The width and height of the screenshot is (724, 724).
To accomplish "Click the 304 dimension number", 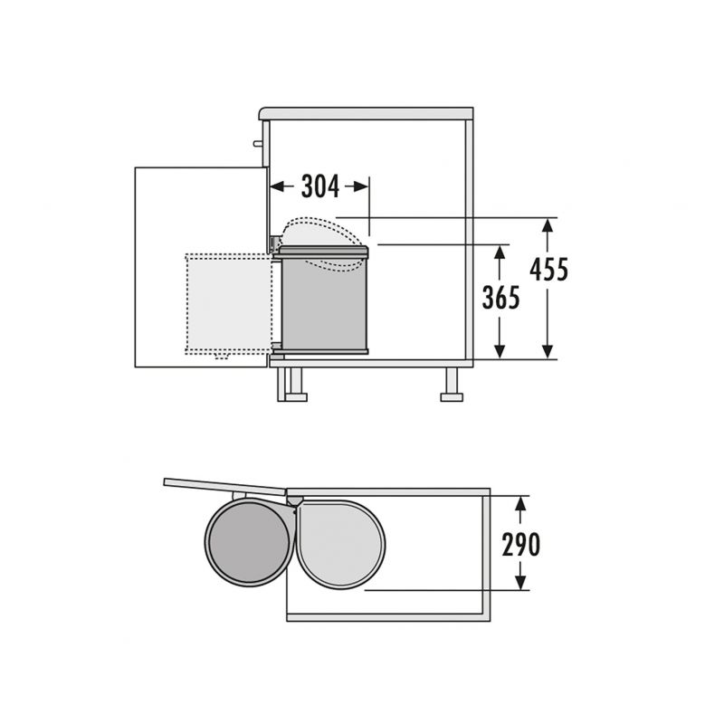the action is [x=320, y=186].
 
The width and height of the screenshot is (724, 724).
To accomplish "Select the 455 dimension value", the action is [x=548, y=269].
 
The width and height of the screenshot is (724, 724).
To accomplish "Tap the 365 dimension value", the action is [x=501, y=298].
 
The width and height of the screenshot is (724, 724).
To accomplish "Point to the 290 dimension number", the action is [x=521, y=545].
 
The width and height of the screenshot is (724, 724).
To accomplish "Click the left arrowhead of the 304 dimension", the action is [x=276, y=186].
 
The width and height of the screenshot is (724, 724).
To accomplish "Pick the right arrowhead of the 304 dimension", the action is [x=362, y=186].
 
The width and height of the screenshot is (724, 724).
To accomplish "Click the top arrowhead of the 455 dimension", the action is [x=548, y=225].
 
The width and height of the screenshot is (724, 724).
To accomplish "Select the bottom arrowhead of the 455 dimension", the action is [x=548, y=351].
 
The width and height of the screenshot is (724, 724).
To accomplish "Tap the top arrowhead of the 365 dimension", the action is [x=500, y=252].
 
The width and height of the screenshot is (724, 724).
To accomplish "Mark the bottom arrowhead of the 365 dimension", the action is [x=500, y=351].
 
